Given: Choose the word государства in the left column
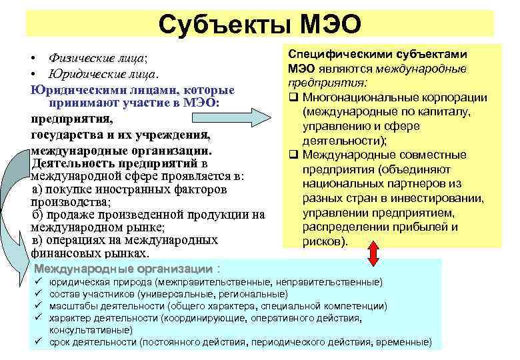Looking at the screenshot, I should click(x=66, y=135).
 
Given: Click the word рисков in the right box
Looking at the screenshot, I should click(x=323, y=241).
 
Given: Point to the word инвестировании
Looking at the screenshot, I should click(x=425, y=198).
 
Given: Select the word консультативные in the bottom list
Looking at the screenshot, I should click(x=91, y=330).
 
